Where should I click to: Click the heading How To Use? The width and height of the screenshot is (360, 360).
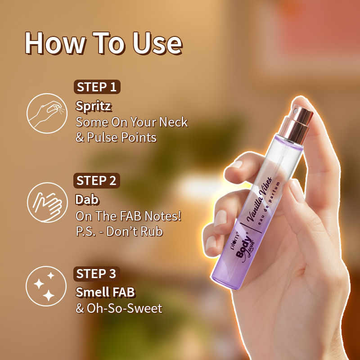pos(103,44)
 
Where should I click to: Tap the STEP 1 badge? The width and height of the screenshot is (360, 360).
pos(97,87)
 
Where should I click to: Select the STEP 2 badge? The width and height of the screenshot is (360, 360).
pos(97,180)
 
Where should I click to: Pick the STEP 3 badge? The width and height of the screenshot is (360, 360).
pos(97,274)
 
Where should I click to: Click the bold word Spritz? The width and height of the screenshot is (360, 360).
pos(94,106)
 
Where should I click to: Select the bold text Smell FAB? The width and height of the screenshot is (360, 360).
pos(105,292)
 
